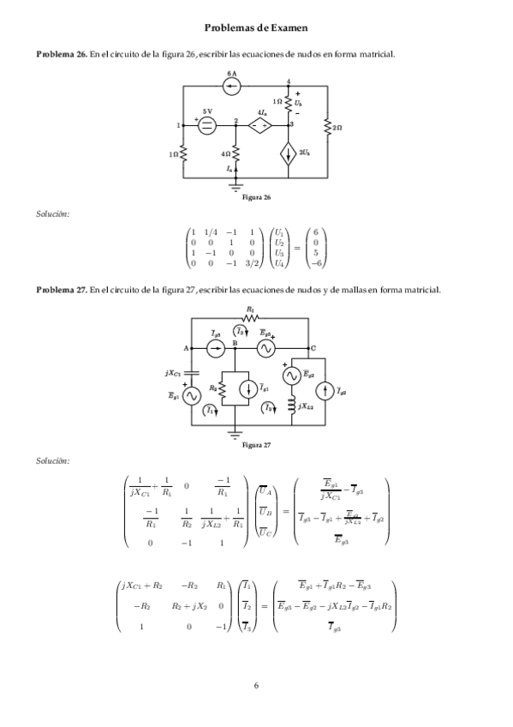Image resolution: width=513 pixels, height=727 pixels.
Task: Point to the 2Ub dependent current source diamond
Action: [289, 155]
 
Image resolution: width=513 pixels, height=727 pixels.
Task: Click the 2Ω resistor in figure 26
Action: [327, 128]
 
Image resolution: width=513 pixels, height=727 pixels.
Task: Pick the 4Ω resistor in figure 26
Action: [236, 153]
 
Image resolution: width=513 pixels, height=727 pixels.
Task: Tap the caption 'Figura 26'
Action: [256, 198]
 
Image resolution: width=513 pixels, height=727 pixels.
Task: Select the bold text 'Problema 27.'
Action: [61, 289]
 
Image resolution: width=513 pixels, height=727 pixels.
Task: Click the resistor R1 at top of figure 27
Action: [249, 317]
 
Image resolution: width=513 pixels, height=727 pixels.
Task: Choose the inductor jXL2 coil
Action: [291, 404]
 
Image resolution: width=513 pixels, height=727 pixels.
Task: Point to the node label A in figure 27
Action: [186, 347]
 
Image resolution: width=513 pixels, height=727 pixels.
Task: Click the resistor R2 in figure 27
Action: [221, 388]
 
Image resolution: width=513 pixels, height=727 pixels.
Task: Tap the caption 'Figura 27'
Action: [256, 445]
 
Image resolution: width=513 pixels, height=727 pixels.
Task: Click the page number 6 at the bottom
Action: [256, 685]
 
